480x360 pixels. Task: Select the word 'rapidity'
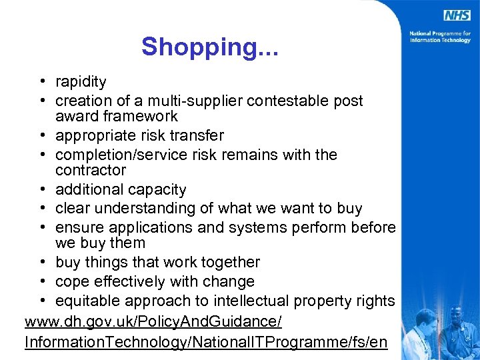pos(81,82)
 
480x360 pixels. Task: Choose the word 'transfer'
pos(197,136)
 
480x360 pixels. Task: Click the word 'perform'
pos(325,228)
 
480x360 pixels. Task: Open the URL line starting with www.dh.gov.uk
pos(153,323)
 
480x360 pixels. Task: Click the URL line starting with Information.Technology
pos(205,343)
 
